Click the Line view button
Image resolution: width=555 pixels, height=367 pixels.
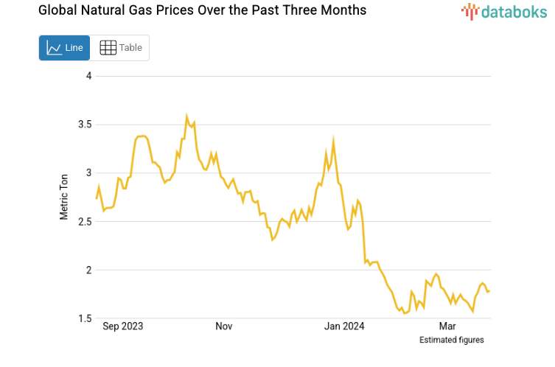(64, 48)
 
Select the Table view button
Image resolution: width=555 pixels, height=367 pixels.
(120, 48)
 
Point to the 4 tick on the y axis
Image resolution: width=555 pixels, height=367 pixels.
(88, 76)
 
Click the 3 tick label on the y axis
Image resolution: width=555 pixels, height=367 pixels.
(88, 173)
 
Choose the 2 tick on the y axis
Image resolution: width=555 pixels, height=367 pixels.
(88, 270)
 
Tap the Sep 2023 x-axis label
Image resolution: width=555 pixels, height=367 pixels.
(122, 326)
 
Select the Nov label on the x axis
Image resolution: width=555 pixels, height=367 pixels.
(224, 326)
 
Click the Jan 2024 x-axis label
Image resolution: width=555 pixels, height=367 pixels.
(344, 326)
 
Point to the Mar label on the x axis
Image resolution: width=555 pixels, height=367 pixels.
(447, 326)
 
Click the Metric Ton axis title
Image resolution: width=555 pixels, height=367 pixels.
(64, 196)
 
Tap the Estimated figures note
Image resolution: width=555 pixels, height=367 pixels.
(451, 340)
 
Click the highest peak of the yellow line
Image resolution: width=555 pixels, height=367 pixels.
(186, 116)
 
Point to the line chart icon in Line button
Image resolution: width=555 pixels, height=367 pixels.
(54, 48)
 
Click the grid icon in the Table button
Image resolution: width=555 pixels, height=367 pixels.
(108, 48)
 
